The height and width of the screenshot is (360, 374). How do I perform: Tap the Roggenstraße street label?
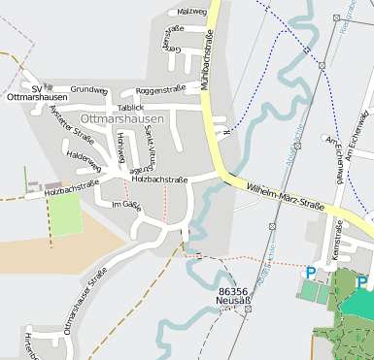(160, 89)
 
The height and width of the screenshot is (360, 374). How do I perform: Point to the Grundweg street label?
(89, 89)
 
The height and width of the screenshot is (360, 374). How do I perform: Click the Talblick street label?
(129, 106)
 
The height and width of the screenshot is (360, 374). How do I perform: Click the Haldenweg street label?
(84, 154)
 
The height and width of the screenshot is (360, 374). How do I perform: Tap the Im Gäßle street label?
(126, 205)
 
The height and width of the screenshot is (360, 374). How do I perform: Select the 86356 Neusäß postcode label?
(237, 296)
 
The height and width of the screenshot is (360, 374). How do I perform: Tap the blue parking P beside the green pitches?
(311, 273)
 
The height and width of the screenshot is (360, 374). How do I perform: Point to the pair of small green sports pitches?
(317, 290)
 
